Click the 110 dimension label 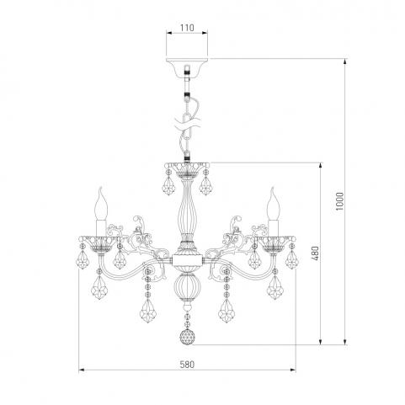click(x=187, y=28)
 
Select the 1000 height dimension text click(x=339, y=201)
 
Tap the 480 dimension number click(x=316, y=253)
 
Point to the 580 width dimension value click(x=187, y=365)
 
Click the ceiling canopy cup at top click(x=187, y=67)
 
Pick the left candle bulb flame click(x=101, y=203)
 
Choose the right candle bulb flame click(x=273, y=203)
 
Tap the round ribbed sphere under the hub click(x=187, y=287)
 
